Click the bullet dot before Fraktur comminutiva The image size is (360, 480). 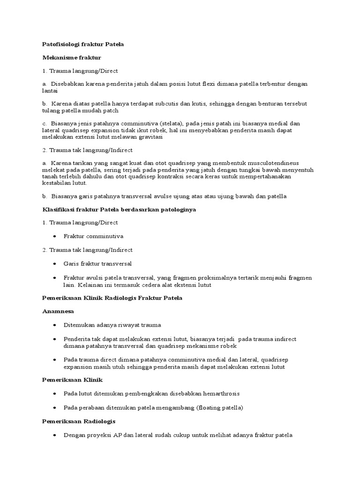[55, 236]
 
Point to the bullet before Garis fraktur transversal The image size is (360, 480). [55, 264]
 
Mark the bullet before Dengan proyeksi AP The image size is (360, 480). [55, 435]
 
